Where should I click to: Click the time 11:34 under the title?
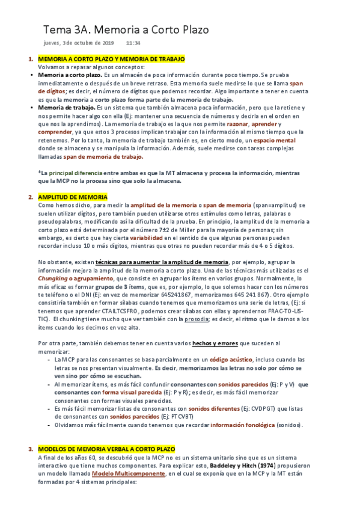click(133, 44)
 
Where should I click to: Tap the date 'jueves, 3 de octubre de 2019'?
click(79, 44)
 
